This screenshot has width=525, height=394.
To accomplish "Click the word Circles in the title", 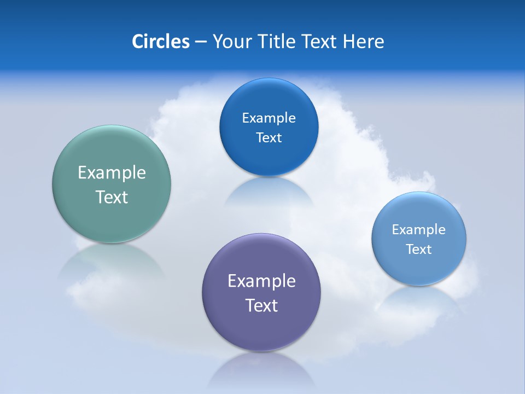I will pos(160,42).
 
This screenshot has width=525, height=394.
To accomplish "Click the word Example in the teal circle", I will pos(112,173).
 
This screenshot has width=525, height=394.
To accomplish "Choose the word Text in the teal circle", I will pos(112,197).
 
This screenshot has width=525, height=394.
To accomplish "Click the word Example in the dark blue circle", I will pos(269,118).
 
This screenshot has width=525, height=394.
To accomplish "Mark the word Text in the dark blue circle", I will pos(269,137).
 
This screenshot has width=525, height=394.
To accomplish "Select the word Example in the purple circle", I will pos(261,281).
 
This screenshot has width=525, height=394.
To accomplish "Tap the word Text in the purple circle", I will pos(261,305).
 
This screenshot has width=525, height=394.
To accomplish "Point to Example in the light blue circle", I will pos(419,230).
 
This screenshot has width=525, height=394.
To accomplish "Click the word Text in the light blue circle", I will pos(419,250).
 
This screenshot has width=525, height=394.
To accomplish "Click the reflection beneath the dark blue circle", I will pos(269,192).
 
